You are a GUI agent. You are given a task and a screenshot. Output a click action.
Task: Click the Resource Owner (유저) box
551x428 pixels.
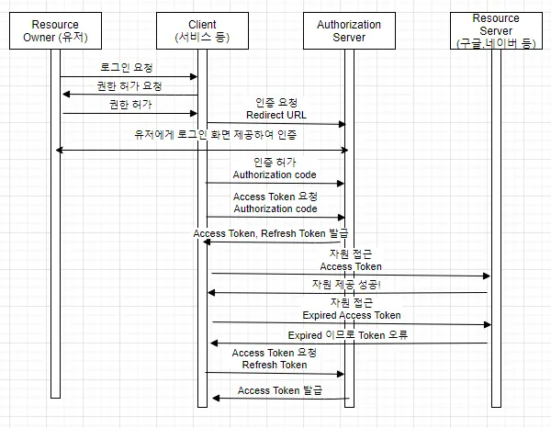coord(56,31)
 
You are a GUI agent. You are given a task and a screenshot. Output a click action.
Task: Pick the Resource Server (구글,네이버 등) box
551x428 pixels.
coord(496,30)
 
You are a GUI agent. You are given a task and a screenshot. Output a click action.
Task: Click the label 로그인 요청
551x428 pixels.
coord(128,68)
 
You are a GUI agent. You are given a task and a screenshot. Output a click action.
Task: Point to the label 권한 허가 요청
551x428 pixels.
coord(129,86)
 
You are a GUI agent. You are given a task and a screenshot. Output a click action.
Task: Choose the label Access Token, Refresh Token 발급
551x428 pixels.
coord(271,234)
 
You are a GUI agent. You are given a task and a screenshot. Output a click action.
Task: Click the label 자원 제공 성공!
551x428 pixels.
coord(348,285)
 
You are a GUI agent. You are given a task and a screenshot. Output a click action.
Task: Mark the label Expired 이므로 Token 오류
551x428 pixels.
coord(347,335)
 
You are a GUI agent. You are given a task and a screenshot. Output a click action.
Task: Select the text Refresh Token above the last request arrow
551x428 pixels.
coord(275,365)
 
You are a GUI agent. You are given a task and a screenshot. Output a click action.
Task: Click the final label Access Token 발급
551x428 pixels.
coord(280,390)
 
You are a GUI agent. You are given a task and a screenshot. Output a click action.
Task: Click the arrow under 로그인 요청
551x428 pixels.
coord(129,77)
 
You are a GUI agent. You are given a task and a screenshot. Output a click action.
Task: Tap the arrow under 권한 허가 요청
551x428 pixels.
coord(129,95)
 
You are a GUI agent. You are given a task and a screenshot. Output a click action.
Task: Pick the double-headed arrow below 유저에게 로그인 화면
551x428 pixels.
coord(202,149)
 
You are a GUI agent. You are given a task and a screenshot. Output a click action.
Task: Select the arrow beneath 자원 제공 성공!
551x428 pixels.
coord(348,293)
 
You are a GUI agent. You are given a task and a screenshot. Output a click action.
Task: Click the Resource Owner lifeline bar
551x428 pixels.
coord(55,230)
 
